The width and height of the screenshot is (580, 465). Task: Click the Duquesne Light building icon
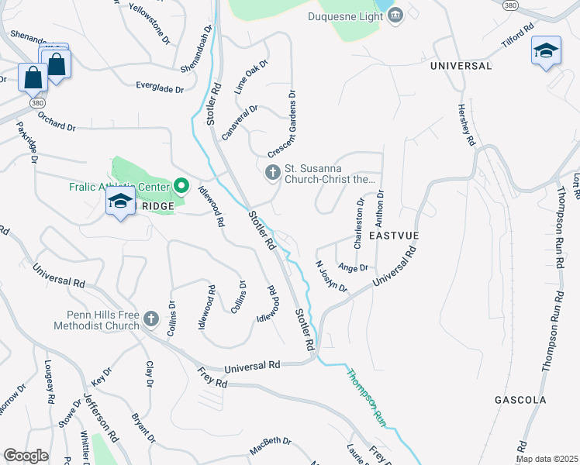pos(396,15)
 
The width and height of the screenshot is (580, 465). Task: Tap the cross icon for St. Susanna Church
pos(272,172)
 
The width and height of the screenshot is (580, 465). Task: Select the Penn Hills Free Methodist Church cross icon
pos(151,319)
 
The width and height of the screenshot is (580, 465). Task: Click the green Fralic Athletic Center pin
pos(182,184)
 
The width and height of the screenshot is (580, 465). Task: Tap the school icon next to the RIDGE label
pos(119,202)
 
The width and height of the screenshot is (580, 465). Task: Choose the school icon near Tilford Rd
pos(546,51)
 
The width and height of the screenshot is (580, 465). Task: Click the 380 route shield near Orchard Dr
pos(36,102)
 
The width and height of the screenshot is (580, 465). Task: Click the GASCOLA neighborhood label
pos(520,400)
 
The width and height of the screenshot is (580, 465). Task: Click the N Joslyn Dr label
pos(331,275)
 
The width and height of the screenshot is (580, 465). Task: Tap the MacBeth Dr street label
pos(270,446)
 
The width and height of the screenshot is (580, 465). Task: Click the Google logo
pos(26,455)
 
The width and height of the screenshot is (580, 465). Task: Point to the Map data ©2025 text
pos(547,459)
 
